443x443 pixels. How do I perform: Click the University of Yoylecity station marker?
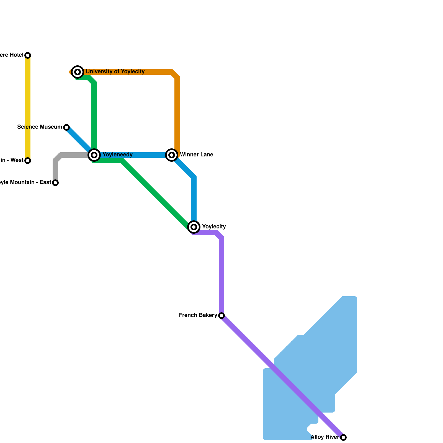tap(78, 72)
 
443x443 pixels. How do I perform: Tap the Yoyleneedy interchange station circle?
tap(94, 155)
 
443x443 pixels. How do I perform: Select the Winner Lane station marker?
tap(172, 155)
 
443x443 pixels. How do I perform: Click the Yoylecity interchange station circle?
tap(194, 227)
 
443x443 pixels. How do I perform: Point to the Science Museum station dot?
tap(66, 127)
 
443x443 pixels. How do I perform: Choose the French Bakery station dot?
tap(221, 316)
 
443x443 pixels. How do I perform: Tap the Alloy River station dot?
tap(343, 437)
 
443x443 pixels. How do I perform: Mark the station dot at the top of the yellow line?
tap(28, 55)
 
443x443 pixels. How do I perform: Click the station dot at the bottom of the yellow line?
tap(28, 161)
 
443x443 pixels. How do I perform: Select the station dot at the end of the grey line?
tap(55, 183)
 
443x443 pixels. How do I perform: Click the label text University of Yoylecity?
tap(115, 72)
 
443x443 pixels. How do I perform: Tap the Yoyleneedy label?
tap(117, 154)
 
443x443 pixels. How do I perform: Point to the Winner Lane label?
tap(197, 154)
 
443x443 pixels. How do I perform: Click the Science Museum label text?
tap(40, 127)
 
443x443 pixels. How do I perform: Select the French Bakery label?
tap(198, 315)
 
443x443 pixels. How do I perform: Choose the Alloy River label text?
tap(325, 437)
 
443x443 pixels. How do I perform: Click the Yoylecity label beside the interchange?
tap(214, 227)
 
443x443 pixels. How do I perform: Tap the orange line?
tap(177, 111)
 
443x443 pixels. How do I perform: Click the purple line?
tap(221, 277)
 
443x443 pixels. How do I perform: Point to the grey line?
tap(72, 155)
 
